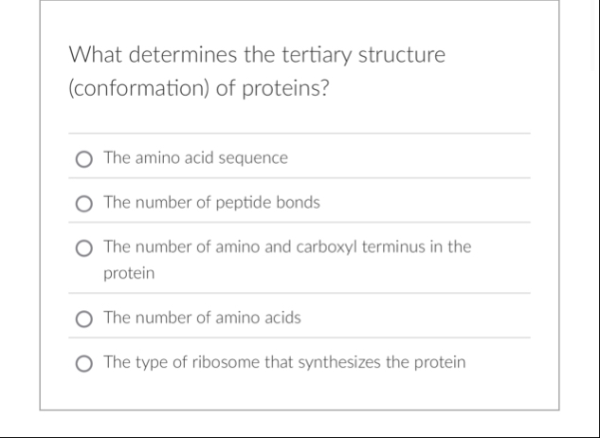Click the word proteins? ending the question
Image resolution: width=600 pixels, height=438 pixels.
click(x=285, y=93)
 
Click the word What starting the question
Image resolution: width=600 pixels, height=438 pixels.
click(x=94, y=55)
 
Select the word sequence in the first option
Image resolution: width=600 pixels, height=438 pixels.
click(x=253, y=158)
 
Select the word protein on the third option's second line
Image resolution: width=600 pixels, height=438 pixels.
click(x=129, y=273)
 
